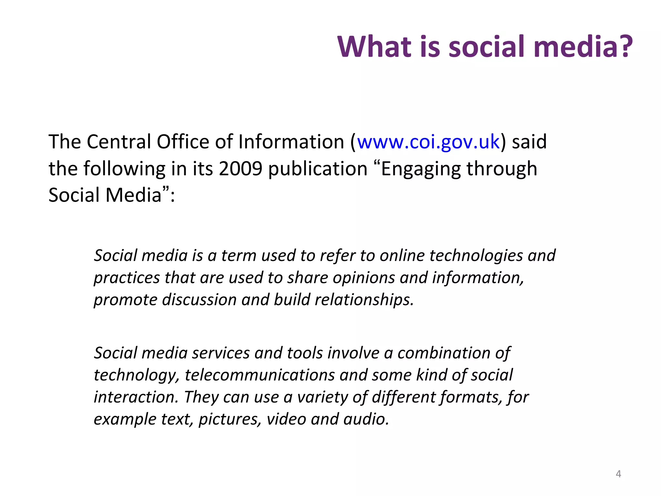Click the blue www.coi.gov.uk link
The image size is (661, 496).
[x=428, y=142]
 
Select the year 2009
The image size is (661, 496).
[x=240, y=169]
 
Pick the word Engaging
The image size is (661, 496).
[x=421, y=169]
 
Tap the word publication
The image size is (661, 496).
[x=318, y=169]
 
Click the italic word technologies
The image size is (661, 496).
[x=451, y=256]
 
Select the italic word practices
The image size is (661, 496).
[x=127, y=278]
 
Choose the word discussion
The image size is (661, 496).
[x=199, y=300]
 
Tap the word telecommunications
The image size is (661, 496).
[x=260, y=375]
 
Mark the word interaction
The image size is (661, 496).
[x=136, y=397]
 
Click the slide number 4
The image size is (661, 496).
[x=618, y=474]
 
